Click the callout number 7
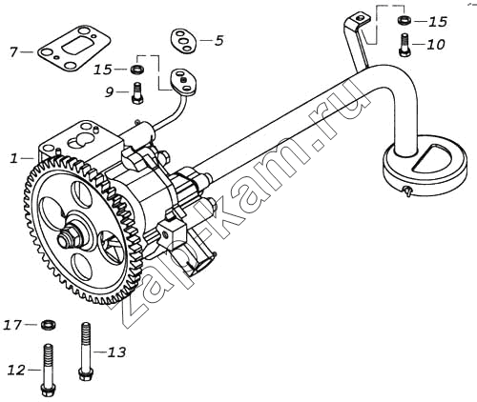point(13,52)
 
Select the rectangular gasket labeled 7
point(74,49)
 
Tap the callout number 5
point(218,41)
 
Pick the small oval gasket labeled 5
point(184,41)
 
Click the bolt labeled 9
point(137,92)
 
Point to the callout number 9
point(110,92)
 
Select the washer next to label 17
point(50,325)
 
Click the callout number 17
point(12,325)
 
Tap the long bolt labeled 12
point(49,370)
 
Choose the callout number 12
point(16,370)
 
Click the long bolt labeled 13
point(85,352)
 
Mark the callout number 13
point(116,352)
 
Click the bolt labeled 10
point(404,45)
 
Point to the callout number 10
point(436,45)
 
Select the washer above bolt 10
point(404,19)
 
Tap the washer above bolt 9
point(137,69)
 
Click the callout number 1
point(14,158)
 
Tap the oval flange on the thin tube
point(184,83)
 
